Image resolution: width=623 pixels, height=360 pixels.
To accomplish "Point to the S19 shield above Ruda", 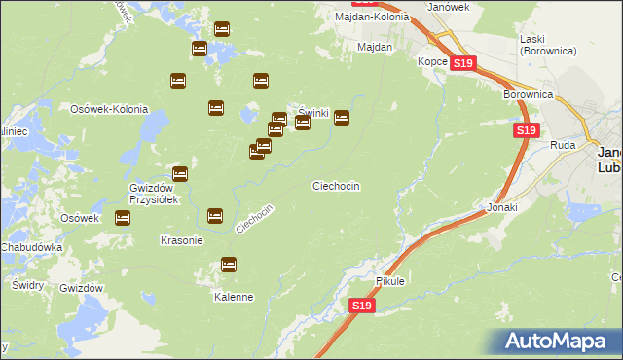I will click(526, 130).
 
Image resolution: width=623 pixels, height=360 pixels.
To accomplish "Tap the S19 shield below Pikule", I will click(361, 306).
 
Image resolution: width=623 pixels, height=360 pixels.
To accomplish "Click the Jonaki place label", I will click(502, 208).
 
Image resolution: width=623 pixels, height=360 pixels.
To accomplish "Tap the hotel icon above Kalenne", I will click(229, 264).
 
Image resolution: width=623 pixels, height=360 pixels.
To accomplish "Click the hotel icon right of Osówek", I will click(123, 219).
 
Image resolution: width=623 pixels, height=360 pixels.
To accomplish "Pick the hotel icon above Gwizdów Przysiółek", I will click(179, 172).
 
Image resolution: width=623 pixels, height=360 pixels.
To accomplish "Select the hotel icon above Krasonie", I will click(215, 215).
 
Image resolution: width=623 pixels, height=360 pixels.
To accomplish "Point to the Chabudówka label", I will click(31, 247).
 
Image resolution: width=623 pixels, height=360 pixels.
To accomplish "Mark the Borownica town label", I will click(529, 95).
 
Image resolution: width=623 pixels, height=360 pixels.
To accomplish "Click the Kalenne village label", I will click(234, 297).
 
